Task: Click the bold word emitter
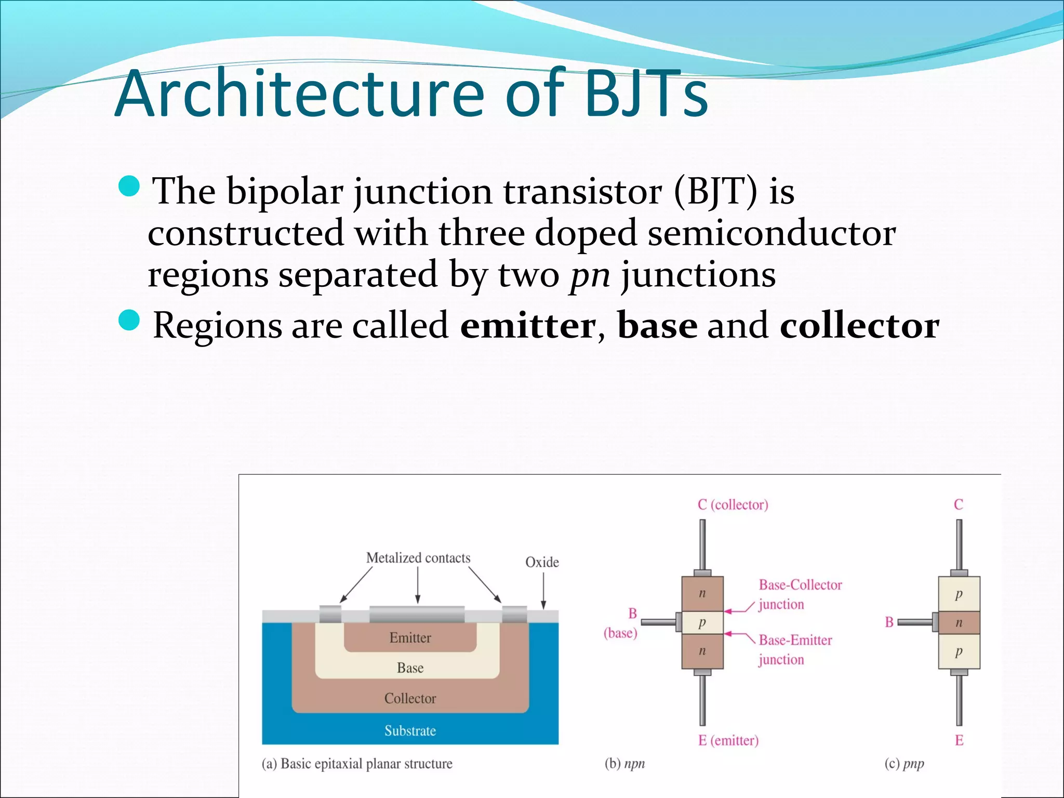[528, 326]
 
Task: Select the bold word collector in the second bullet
[859, 326]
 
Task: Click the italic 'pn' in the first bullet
[590, 275]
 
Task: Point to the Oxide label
[542, 562]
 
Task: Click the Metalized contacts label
[418, 558]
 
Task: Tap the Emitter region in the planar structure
[410, 638]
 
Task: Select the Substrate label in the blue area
[410, 731]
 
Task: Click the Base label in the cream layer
[410, 668]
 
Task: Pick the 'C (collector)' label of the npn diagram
[733, 504]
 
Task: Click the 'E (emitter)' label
[728, 740]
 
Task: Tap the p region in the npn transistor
[702, 622]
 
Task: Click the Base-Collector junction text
[800, 594]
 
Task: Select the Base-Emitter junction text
[795, 649]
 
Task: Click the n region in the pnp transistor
[959, 622]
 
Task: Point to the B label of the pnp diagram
[889, 622]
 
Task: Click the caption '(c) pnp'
[904, 764]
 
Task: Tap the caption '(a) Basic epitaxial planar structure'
[357, 764]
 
